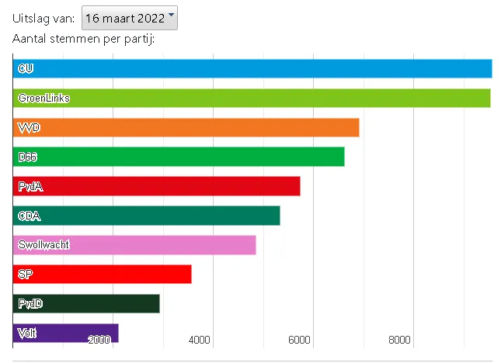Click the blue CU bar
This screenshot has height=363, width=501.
click(252, 68)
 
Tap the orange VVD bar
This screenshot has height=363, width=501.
click(186, 127)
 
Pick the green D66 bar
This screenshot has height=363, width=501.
click(179, 157)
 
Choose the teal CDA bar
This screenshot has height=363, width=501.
click(147, 216)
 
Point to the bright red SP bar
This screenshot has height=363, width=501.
click(103, 275)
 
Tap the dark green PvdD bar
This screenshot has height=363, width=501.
click(86, 304)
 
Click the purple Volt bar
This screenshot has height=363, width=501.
click(66, 332)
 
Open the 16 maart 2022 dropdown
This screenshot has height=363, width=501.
click(129, 18)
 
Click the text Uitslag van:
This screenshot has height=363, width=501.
click(44, 18)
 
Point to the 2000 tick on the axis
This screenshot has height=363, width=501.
click(99, 341)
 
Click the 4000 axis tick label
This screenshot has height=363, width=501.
click(200, 341)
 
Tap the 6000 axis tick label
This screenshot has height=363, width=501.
click(299, 341)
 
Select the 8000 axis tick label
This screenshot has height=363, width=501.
click(399, 341)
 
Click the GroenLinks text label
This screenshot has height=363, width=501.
click(44, 98)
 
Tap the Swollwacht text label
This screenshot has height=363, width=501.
click(44, 245)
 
